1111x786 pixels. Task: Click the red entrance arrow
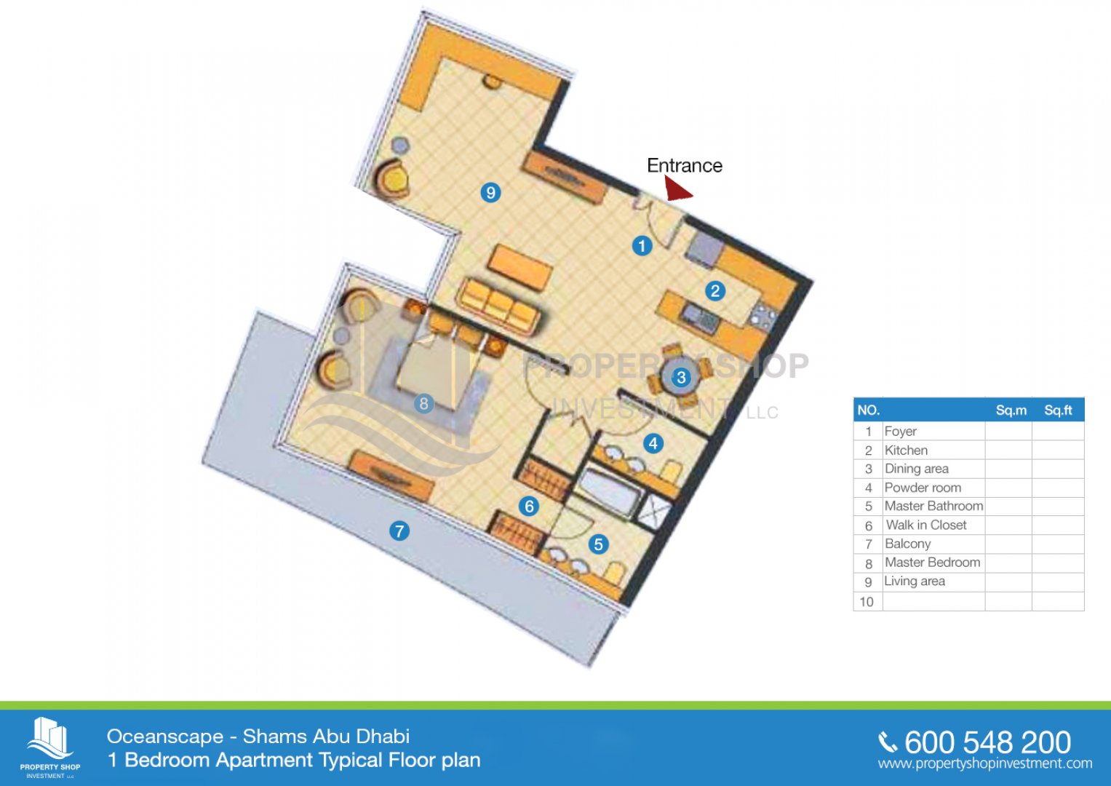click(x=677, y=189)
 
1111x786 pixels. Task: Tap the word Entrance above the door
click(x=685, y=165)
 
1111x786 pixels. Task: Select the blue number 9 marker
click(x=490, y=192)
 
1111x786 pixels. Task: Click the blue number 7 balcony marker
click(x=399, y=531)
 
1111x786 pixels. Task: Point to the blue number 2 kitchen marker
click(x=714, y=291)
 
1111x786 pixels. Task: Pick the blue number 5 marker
click(x=598, y=544)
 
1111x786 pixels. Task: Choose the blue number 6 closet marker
click(x=529, y=506)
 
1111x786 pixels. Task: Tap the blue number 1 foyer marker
click(x=642, y=246)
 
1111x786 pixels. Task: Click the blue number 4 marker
click(x=653, y=443)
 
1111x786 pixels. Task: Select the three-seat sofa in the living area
click(x=499, y=306)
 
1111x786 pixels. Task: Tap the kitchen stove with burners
click(x=763, y=317)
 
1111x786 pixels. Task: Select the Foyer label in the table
click(x=900, y=431)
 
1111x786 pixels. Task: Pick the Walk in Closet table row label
click(x=926, y=525)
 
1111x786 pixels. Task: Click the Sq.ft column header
click(x=1058, y=410)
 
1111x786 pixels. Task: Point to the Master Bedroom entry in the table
click(x=933, y=562)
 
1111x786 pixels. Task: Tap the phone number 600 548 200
click(x=987, y=742)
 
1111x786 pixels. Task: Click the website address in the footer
click(x=985, y=763)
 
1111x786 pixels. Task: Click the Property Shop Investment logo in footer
click(x=50, y=747)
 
